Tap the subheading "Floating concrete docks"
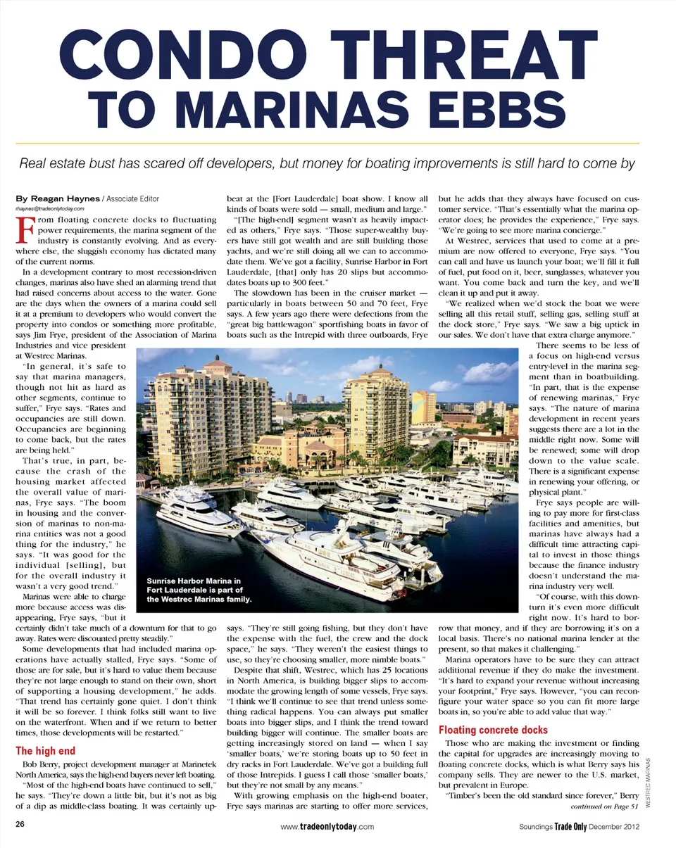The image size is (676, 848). [x=493, y=730]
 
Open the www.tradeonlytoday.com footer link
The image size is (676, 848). [x=327, y=828]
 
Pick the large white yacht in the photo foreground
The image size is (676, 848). [x=331, y=556]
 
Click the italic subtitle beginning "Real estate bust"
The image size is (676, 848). [x=327, y=164]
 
